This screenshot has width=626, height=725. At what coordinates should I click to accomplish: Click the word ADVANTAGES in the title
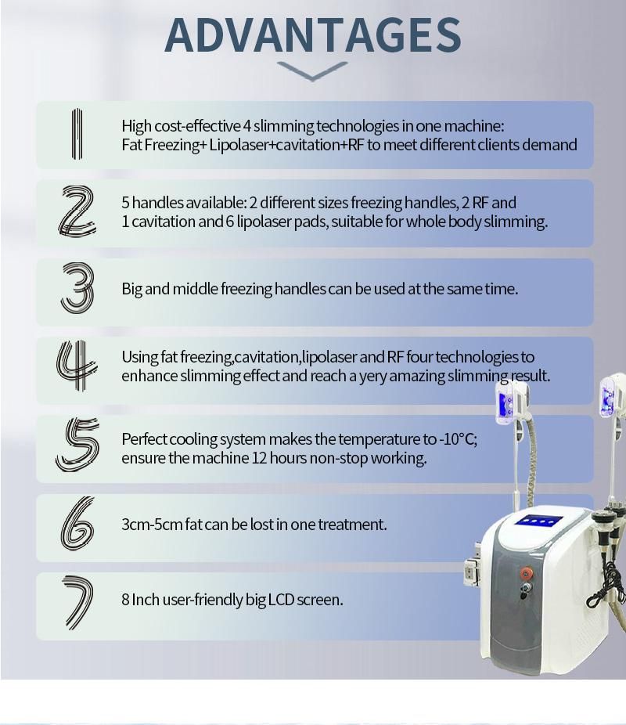click(313, 35)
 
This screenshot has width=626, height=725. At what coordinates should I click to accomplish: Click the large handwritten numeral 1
click(77, 134)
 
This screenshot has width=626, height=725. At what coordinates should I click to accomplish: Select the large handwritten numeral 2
click(77, 211)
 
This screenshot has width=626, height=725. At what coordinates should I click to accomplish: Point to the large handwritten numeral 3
click(77, 287)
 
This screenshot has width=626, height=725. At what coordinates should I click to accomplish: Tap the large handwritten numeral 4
click(77, 366)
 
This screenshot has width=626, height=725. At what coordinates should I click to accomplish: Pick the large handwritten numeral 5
click(77, 445)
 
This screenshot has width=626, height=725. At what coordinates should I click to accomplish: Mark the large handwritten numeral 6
click(77, 524)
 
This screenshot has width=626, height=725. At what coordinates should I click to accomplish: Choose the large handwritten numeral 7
click(77, 603)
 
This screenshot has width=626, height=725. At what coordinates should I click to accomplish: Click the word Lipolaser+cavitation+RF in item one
click(286, 145)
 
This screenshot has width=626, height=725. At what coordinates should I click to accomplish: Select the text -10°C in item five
click(458, 438)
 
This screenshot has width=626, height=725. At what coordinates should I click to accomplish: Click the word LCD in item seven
click(282, 600)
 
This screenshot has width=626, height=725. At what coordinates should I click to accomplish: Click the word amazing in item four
click(417, 377)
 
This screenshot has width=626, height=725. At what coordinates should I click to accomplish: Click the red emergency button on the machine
click(526, 574)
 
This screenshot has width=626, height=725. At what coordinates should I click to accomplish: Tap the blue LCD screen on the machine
click(538, 521)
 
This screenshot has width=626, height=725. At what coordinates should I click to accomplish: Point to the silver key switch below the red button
click(525, 589)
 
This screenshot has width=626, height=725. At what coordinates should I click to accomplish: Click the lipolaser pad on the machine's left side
click(472, 572)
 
